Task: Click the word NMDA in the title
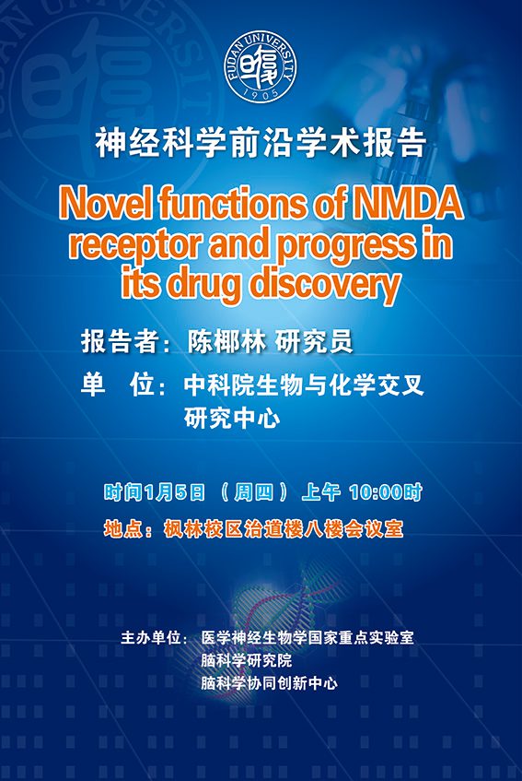click(408, 204)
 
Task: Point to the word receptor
click(135, 245)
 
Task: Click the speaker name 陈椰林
click(226, 342)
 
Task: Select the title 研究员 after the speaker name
click(314, 342)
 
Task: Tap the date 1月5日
click(175, 492)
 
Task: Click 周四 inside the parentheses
click(253, 492)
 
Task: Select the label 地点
click(122, 529)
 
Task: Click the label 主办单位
click(151, 637)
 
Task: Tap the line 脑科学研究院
click(246, 660)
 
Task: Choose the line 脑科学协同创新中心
click(269, 682)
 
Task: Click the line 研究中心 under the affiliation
click(232, 419)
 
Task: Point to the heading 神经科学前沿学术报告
click(261, 144)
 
